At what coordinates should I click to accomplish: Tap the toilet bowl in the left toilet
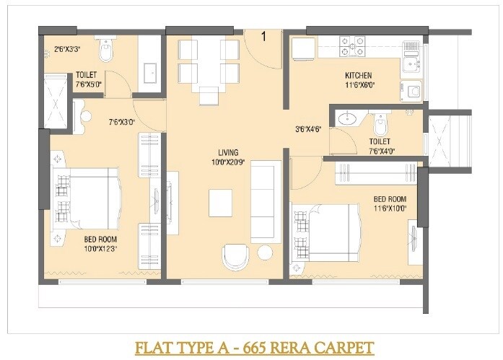(x=106, y=51)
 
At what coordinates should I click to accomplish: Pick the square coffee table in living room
(x=221, y=202)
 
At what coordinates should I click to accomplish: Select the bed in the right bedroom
(x=324, y=236)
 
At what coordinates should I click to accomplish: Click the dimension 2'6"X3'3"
(x=67, y=51)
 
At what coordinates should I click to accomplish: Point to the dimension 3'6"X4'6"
(x=307, y=131)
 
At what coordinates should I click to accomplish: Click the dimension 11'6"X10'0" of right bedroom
(x=390, y=208)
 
